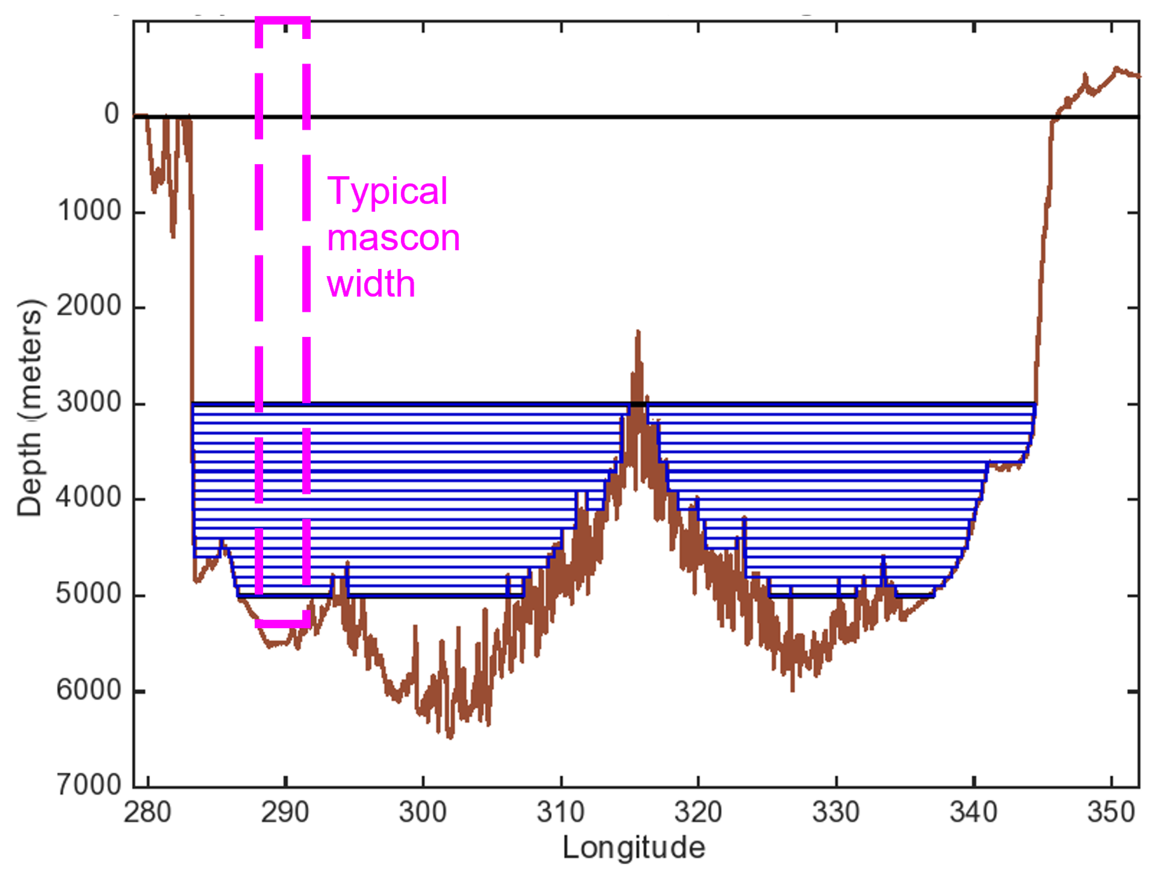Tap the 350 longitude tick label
pyautogui.click(x=1111, y=812)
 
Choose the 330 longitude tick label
pyautogui.click(x=835, y=812)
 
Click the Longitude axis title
pyautogui.click(x=634, y=848)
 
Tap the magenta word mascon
pyautogui.click(x=392, y=238)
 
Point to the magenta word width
pyautogui.click(x=371, y=284)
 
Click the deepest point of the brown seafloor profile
pyautogui.click(x=450, y=737)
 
